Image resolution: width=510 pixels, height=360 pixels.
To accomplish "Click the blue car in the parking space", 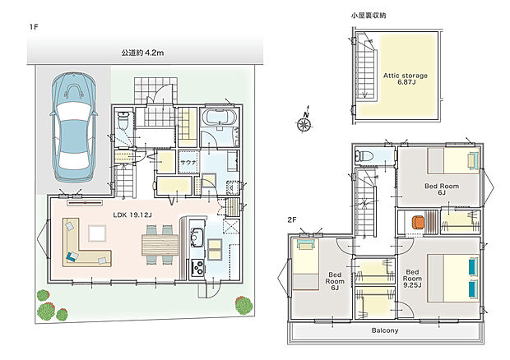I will (x=73, y=128).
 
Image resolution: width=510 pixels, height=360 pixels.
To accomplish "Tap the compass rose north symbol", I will (x=305, y=124).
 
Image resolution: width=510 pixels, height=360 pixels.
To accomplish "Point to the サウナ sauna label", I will (x=188, y=162).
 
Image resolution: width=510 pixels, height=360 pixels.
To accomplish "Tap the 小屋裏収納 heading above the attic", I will (x=368, y=16).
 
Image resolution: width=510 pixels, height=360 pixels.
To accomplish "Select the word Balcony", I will (x=383, y=330).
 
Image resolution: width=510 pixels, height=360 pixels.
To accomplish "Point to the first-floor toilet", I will (x=123, y=123).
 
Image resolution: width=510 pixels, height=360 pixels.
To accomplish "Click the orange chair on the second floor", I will (x=419, y=221).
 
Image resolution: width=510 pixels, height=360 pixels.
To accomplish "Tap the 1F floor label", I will (x=34, y=27).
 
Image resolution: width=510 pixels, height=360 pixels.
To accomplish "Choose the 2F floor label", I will (x=292, y=220).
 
